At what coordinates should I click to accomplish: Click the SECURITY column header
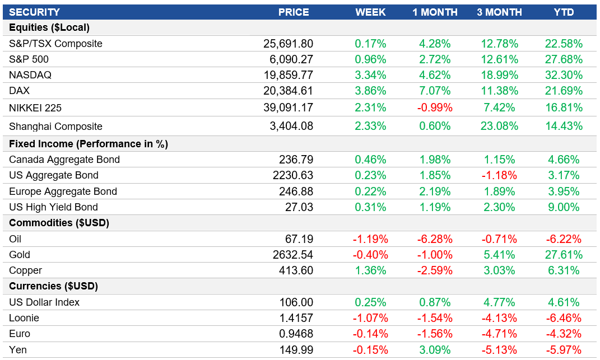coord(34,12)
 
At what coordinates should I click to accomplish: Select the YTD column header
coord(564,12)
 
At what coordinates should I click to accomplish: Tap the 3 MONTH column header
coord(499,12)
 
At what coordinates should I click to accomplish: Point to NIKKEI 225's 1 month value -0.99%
coord(435,107)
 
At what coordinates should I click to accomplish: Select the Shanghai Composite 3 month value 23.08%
coord(499,127)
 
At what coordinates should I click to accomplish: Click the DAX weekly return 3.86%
coord(370,91)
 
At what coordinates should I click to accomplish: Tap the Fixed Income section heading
coord(89,144)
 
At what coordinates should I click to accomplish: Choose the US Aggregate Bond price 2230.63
coord(291,175)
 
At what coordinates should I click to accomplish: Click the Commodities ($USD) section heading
coord(59,223)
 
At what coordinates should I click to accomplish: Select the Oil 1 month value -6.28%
coord(435,239)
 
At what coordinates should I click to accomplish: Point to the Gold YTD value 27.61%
coord(564,255)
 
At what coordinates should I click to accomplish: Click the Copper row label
coord(26,270)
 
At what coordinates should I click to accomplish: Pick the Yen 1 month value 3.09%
coord(435,350)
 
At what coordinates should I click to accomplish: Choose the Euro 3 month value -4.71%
coord(499,334)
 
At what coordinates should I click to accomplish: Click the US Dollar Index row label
coord(44,302)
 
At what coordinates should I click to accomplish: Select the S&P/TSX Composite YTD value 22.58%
coord(564,44)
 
